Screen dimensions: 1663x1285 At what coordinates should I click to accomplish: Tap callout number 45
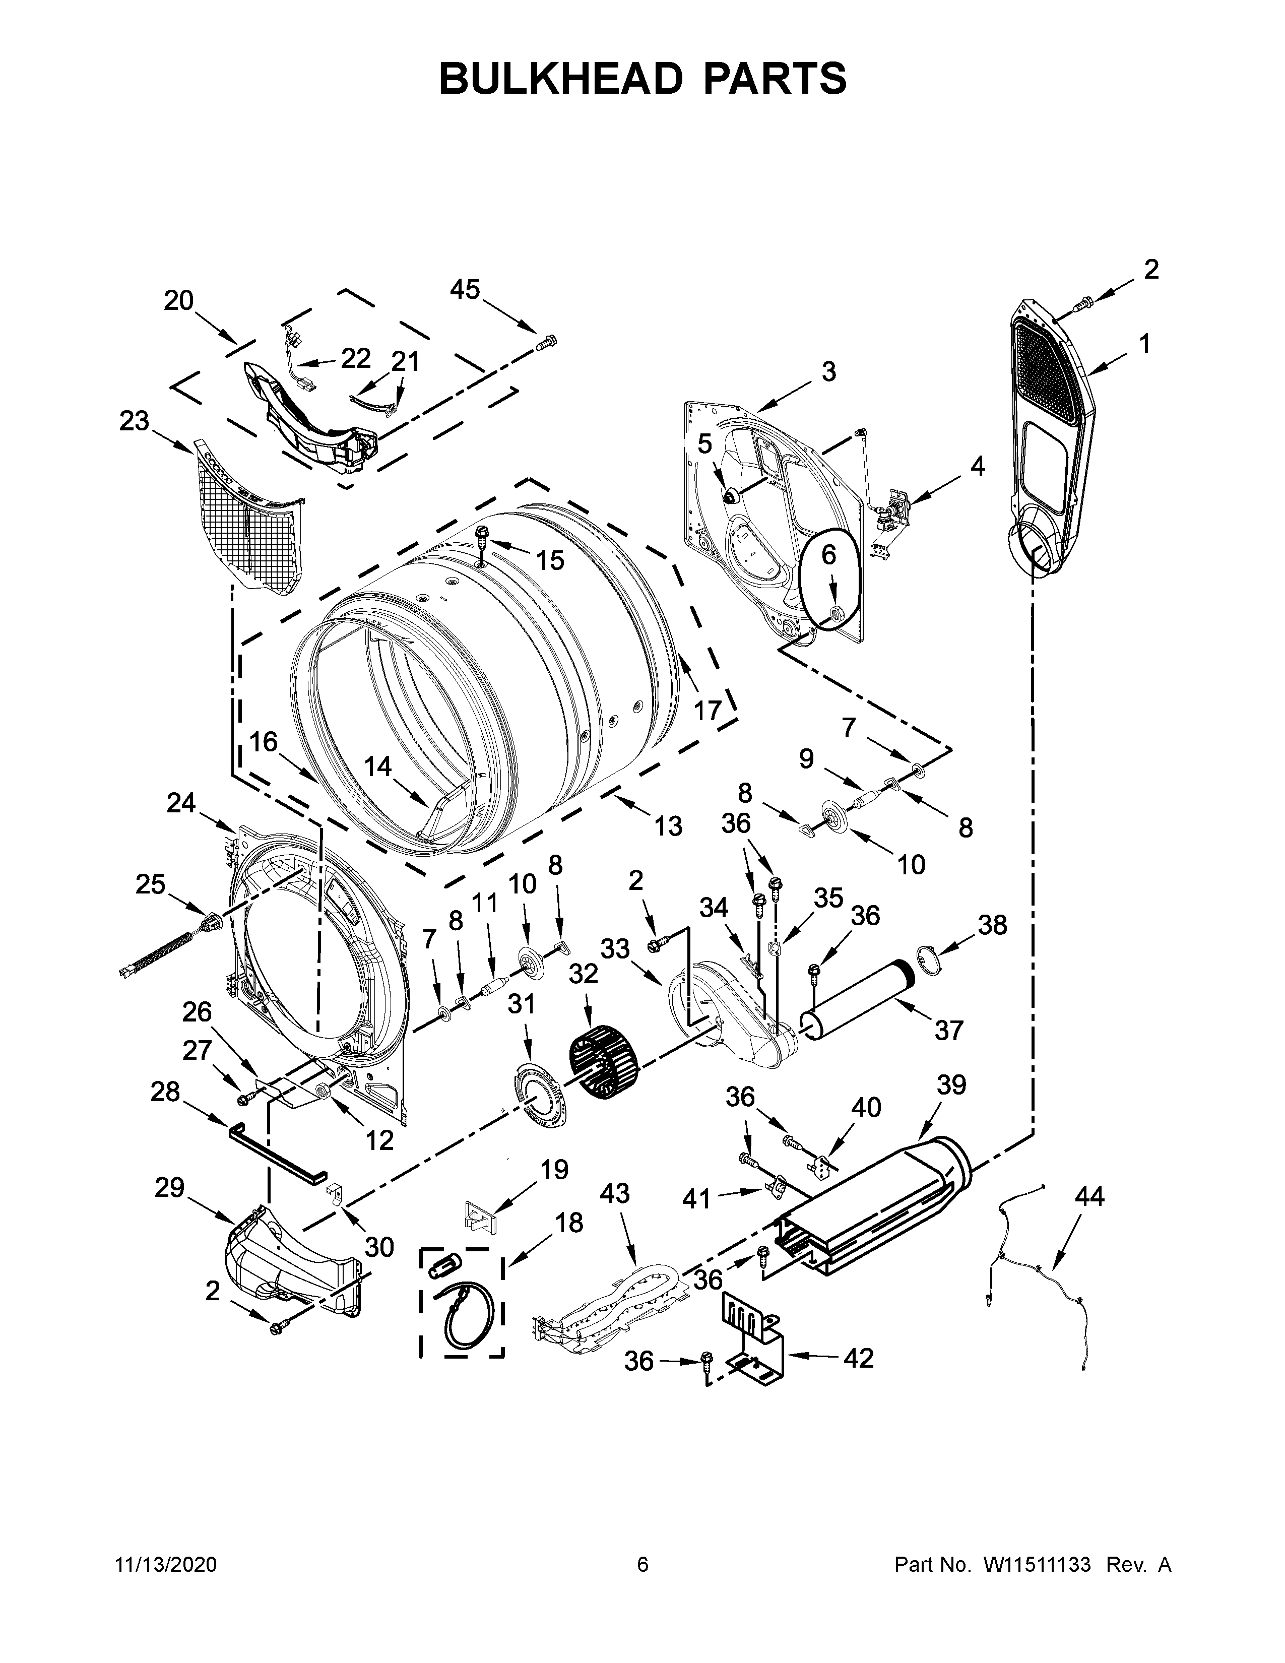(x=465, y=289)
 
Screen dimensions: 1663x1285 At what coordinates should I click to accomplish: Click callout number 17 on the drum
(x=707, y=711)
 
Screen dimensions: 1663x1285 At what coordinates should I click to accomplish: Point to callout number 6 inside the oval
(x=828, y=555)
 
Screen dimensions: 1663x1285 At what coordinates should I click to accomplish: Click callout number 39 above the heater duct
(x=951, y=1085)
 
